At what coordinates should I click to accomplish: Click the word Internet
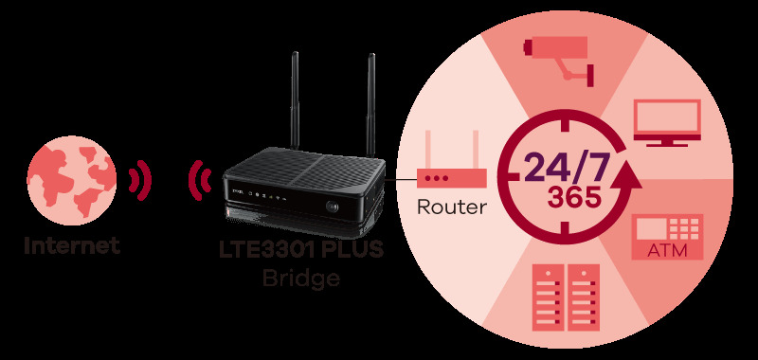pos(72,246)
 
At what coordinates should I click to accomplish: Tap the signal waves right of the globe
pos(139,178)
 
